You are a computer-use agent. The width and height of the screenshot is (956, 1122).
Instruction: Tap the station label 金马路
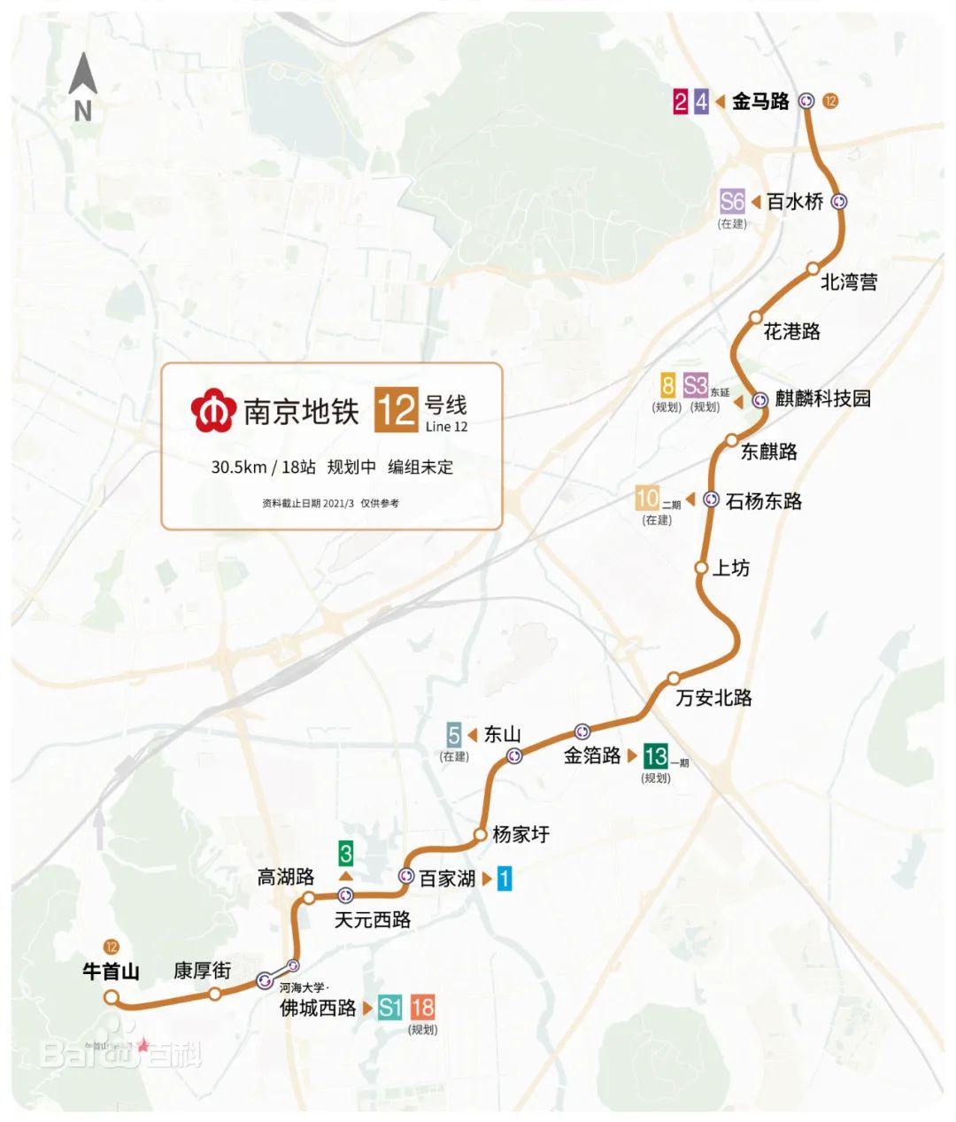759,101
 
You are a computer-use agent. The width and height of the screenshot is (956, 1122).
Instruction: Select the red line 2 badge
680,101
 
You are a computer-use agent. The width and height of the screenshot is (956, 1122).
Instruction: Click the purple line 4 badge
701,101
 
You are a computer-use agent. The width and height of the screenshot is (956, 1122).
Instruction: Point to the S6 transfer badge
732,201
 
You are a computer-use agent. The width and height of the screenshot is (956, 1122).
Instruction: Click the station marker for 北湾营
813,268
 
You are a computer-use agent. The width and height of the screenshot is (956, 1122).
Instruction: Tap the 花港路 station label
791,331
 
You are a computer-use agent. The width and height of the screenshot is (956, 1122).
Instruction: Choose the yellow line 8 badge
668,385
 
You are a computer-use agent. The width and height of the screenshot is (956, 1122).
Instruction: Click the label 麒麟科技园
822,399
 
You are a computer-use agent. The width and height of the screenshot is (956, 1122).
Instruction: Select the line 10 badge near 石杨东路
648,499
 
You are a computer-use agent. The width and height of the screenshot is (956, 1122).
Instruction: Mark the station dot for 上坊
701,568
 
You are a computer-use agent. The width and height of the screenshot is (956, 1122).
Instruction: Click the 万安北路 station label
713,698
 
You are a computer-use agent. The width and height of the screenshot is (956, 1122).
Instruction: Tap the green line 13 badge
656,755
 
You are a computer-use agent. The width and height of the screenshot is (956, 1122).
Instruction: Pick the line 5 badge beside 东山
454,734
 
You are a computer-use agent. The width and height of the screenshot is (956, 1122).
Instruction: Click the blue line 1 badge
504,878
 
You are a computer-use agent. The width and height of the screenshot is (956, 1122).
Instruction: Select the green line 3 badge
345,854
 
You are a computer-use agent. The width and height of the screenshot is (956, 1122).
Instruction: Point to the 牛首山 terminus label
111,971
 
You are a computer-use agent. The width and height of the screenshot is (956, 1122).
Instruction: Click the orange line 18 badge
423,1007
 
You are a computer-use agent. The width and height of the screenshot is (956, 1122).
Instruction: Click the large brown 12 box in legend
396,410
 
